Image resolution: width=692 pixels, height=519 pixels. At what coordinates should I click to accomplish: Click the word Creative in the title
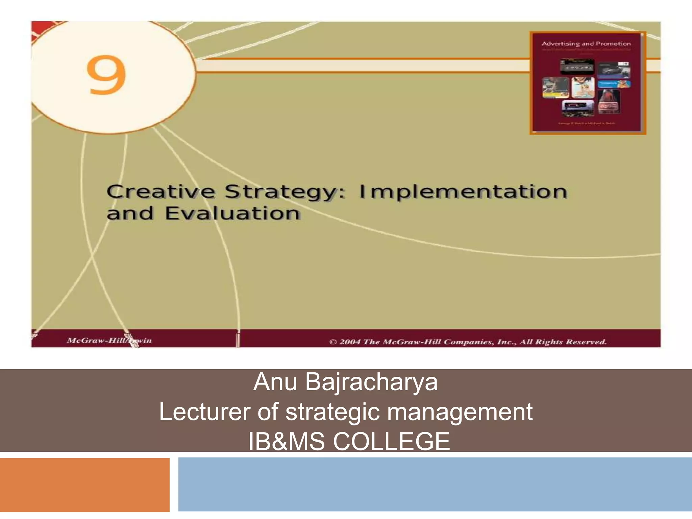point(160,192)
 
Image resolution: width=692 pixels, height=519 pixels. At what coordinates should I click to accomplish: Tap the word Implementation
point(463,192)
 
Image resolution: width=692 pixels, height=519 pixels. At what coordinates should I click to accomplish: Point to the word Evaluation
point(232,214)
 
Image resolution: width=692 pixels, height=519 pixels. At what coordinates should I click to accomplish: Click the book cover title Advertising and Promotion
point(586,44)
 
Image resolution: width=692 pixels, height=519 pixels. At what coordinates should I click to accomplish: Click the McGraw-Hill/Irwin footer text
point(109,340)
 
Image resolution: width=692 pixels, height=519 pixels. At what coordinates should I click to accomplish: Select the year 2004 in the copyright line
point(350,342)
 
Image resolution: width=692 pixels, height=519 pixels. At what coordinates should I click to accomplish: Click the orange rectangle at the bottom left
point(84,485)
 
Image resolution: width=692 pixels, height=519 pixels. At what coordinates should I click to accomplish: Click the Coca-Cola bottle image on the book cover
point(608,101)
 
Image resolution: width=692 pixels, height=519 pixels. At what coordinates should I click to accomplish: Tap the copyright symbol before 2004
point(333,342)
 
